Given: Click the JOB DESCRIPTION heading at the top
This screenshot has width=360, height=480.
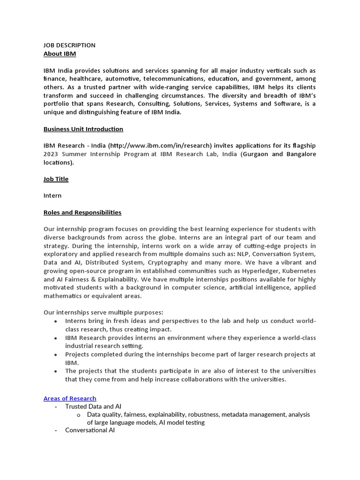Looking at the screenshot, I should tap(69, 45).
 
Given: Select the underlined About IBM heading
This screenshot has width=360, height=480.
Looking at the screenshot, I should tap(60, 54).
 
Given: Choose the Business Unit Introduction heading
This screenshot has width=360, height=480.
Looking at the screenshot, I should tap(83, 129).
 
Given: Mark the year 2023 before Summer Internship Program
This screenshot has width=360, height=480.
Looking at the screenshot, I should tap(52, 154).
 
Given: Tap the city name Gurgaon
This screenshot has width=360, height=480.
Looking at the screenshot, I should tap(257, 154).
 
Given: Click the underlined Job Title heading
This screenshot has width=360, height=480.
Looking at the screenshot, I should tap(56, 179).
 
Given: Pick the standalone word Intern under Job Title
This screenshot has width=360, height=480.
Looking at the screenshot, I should tap(52, 195).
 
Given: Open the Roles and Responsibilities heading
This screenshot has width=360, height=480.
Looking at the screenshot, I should tap(82, 212).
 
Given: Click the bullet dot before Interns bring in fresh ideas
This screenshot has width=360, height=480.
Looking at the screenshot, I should tap(56, 321).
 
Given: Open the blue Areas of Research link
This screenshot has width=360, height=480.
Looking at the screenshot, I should tap(70, 398).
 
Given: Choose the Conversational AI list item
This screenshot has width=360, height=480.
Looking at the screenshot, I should tap(90, 430).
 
